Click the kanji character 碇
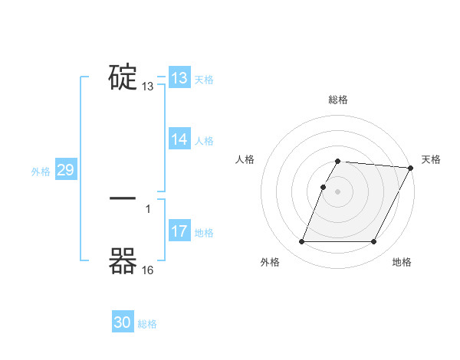point(123,77)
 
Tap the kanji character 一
point(123,198)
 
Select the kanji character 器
point(123,261)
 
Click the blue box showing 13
point(179,78)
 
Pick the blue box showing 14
point(179,139)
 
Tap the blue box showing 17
point(179,231)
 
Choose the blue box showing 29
point(65,170)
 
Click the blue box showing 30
point(123,322)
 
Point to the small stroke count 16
point(148,270)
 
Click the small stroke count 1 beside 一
point(148,208)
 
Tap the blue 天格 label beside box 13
point(204,80)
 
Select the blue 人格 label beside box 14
point(204,141)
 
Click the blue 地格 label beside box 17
point(204,233)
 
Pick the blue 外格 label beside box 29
point(41,172)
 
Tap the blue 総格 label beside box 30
point(147,324)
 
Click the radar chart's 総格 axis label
point(338,100)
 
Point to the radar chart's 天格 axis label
point(431,159)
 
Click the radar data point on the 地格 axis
point(374,242)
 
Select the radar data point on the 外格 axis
point(301,242)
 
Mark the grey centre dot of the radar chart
point(338,191)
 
